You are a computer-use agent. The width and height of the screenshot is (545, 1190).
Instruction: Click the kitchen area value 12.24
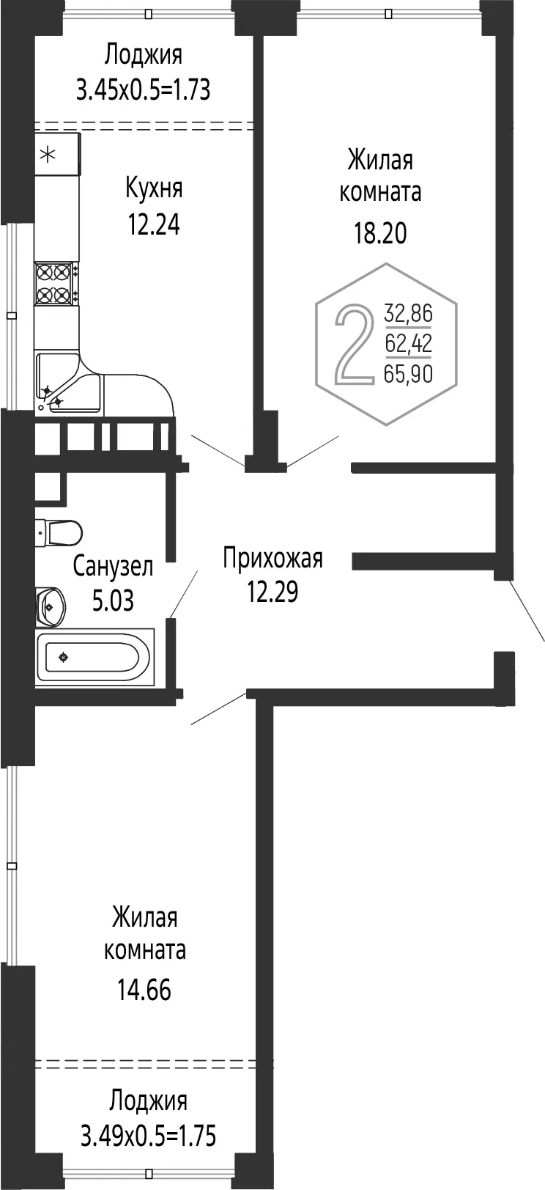pos(153,224)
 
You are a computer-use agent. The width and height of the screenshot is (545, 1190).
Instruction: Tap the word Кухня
pos(154,188)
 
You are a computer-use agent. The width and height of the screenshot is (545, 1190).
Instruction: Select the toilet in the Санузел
pos(59,532)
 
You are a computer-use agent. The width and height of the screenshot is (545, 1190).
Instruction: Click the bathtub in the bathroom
pos(95,657)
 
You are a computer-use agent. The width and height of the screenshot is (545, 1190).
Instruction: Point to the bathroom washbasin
pos(51,606)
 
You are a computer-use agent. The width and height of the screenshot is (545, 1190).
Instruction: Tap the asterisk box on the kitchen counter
pos(58,155)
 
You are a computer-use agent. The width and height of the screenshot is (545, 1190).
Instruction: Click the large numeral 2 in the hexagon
pos(353,344)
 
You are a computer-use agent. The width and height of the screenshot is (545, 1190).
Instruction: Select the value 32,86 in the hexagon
pos(409,313)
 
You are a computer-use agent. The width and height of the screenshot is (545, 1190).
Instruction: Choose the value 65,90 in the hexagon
pos(409,374)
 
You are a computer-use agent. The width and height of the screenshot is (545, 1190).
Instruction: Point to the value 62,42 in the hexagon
pos(409,344)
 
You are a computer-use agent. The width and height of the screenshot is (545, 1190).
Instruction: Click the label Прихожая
pos(272,559)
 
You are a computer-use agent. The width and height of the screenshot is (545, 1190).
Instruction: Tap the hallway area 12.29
pos(272,592)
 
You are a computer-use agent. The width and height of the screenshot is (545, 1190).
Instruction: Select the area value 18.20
pos(380,232)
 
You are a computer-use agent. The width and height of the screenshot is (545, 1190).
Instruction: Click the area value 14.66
pos(144,991)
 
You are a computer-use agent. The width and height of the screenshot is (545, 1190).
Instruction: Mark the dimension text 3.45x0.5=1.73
pos(144,89)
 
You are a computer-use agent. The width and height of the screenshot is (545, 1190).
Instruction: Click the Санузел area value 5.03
pos(113,600)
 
